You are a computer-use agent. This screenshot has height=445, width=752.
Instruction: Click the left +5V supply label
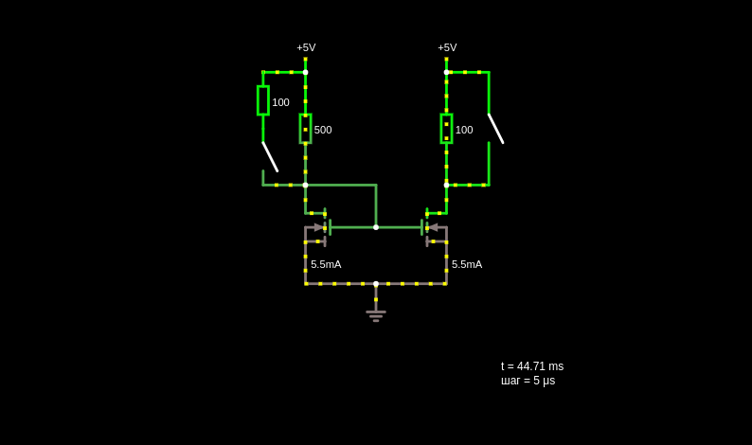[x=306, y=47]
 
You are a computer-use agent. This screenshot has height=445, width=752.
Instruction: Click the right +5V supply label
[x=447, y=47]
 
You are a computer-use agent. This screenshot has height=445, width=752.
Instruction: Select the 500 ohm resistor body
[x=306, y=129]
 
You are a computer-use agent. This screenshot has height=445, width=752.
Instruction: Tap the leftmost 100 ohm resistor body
[x=262, y=100]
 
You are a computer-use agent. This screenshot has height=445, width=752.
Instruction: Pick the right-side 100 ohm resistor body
[x=446, y=129]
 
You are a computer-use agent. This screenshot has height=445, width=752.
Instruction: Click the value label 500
[x=323, y=130]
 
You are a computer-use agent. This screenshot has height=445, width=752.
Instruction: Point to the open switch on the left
[x=270, y=157]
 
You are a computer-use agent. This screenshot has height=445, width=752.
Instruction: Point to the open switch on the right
[x=496, y=129]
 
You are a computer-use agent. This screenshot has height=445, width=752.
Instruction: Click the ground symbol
[x=376, y=316]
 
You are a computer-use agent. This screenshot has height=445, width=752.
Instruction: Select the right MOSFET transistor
[x=434, y=227]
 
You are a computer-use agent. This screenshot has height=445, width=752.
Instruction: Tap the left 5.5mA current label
[x=326, y=264]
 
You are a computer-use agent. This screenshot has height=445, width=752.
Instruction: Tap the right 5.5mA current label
[x=467, y=264]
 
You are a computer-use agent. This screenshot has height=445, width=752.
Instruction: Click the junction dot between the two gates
[x=376, y=227]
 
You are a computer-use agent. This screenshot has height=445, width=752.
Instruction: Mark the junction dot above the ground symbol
[x=376, y=284]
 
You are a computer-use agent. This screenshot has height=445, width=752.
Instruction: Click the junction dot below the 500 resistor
[x=306, y=185]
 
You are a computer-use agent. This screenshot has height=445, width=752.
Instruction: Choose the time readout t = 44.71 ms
[x=532, y=366]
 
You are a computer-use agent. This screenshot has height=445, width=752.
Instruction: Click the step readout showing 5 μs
[x=528, y=381]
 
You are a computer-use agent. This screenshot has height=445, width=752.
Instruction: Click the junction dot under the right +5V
[x=446, y=72]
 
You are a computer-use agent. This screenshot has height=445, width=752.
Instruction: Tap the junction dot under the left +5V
[x=306, y=72]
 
